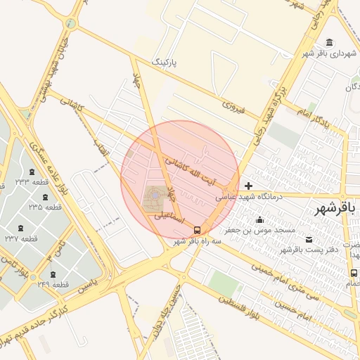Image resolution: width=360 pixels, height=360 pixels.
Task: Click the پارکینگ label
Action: [x=166, y=63]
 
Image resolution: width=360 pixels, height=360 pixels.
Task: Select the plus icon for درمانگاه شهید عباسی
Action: [x=249, y=186]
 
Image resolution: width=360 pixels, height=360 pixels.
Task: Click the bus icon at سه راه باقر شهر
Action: [x=197, y=229]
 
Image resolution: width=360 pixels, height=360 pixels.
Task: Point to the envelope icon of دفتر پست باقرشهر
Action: [x=311, y=240]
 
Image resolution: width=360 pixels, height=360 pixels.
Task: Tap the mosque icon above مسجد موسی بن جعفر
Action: [x=260, y=220]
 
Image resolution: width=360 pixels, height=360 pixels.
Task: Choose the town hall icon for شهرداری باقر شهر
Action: [x=330, y=42]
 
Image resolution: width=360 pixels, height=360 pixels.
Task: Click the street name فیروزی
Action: [x=233, y=108]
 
